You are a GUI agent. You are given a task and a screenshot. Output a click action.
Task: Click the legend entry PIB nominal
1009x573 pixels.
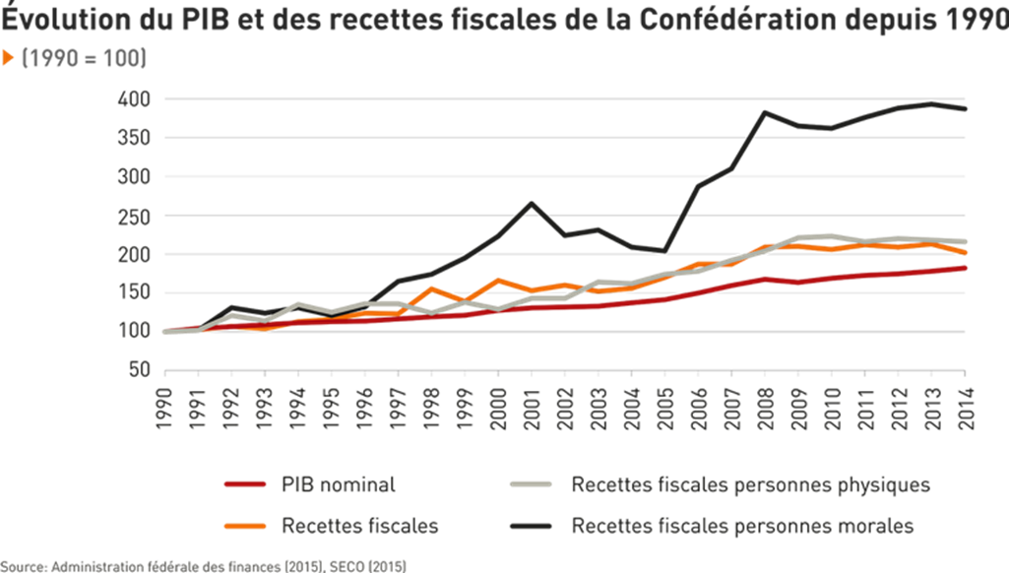(x=338, y=484)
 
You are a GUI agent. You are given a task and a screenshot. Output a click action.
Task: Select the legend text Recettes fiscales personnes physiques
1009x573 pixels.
(x=750, y=484)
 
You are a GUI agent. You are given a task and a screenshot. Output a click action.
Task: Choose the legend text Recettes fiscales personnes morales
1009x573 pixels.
(x=742, y=526)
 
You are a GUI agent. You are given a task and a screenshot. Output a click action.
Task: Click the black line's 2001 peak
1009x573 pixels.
(x=533, y=203)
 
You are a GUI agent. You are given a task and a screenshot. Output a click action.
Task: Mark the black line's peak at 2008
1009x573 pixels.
(x=765, y=111)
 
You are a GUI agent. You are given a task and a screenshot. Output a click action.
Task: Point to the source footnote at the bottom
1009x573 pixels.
(x=204, y=566)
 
